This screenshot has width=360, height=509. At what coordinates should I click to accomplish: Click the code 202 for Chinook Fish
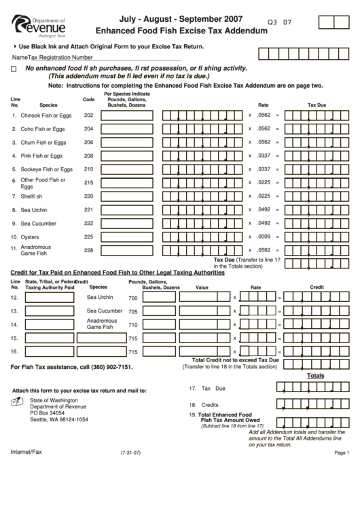click(x=88, y=115)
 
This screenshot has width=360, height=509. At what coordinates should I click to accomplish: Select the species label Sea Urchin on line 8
click(x=35, y=209)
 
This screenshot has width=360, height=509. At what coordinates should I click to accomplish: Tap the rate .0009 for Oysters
click(x=264, y=236)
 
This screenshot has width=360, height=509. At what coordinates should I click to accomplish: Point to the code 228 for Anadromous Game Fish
click(x=88, y=250)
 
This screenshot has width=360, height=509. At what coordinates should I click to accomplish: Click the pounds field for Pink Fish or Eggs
click(x=128, y=156)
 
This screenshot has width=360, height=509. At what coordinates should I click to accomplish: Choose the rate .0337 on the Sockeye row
click(x=264, y=169)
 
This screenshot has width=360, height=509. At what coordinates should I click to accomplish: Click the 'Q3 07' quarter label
click(x=281, y=22)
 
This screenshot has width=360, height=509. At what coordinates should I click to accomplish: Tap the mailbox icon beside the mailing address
click(x=18, y=402)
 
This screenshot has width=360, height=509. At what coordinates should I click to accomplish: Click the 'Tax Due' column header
click(x=317, y=105)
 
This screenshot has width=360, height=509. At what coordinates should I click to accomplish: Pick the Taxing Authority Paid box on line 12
click(x=50, y=298)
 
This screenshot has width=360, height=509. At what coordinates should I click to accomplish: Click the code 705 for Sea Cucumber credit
click(x=133, y=312)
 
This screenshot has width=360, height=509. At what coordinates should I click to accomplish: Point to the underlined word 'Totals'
click(x=316, y=375)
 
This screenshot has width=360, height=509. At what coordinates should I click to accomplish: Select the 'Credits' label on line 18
click(x=209, y=404)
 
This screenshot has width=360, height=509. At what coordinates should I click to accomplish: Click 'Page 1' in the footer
click(x=342, y=453)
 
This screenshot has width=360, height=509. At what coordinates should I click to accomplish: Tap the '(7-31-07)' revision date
click(x=130, y=453)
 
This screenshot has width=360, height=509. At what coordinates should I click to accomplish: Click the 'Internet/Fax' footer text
click(x=26, y=451)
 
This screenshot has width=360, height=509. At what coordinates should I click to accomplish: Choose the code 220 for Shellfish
click(x=88, y=196)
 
